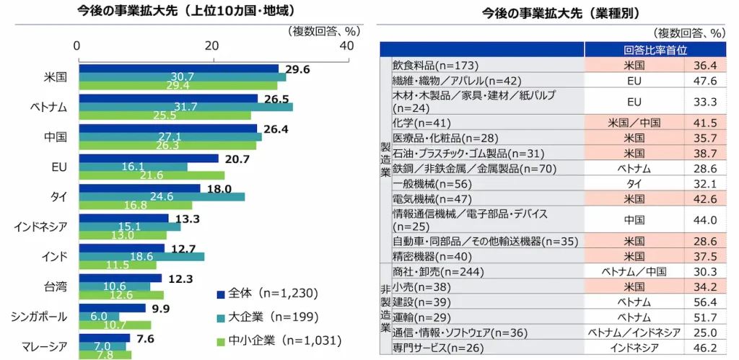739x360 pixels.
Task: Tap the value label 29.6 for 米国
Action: pyautogui.click(x=297, y=70)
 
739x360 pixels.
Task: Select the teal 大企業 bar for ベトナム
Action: pyautogui.click(x=185, y=107)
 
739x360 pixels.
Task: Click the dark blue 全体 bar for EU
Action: pyautogui.click(x=148, y=158)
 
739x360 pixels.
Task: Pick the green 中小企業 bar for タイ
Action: pyautogui.click(x=135, y=205)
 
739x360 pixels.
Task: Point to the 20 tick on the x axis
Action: pyautogui.click(x=211, y=45)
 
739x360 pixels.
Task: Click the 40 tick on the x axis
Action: pyautogui.click(x=346, y=45)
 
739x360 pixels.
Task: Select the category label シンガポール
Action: pyautogui.click(x=40, y=317)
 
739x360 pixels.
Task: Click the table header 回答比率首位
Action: pyautogui.click(x=655, y=50)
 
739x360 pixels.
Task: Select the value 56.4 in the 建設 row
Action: pyautogui.click(x=704, y=302)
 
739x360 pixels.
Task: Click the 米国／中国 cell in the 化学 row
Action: pyautogui.click(x=634, y=123)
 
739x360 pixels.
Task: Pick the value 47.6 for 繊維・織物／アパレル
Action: pyautogui.click(x=704, y=80)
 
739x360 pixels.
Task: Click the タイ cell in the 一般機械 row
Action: pyautogui.click(x=634, y=183)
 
